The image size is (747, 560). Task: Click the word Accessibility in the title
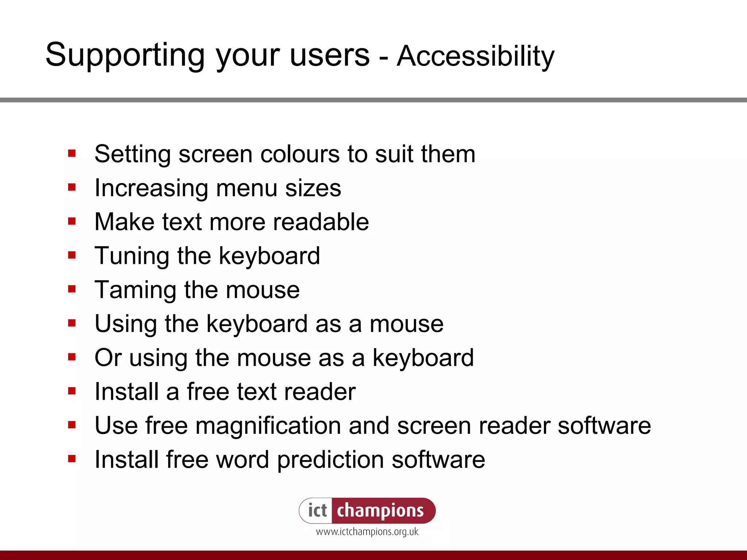click(476, 57)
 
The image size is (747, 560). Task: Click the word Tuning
click(132, 256)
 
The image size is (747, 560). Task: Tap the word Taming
click(135, 290)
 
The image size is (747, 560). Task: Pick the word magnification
click(268, 425)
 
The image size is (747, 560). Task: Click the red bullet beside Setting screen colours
click(72, 153)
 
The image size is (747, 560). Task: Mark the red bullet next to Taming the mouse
click(72, 289)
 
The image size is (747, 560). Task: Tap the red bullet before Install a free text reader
click(72, 391)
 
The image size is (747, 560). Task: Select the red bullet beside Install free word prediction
click(72, 459)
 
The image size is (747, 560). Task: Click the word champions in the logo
click(380, 510)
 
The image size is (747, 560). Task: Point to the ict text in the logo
click(317, 510)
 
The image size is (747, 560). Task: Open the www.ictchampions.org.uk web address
click(367, 532)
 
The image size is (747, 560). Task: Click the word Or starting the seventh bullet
click(108, 358)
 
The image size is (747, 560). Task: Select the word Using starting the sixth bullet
click(125, 324)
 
